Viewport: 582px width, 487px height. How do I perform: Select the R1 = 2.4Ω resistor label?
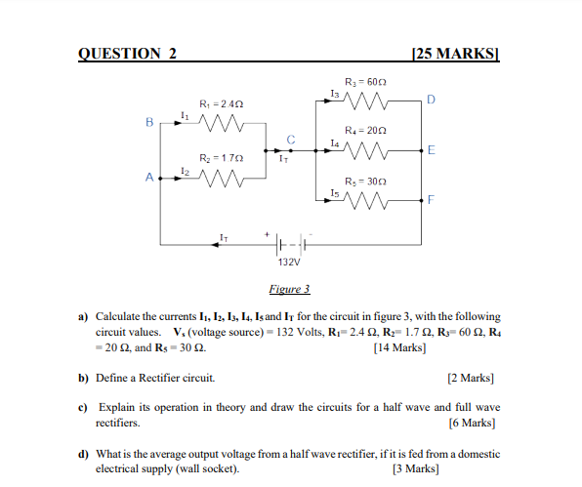point(220,103)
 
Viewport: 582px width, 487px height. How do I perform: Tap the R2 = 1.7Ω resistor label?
point(220,157)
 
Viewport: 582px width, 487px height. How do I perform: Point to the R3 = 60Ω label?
point(367,80)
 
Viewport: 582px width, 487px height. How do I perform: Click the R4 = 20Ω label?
point(367,130)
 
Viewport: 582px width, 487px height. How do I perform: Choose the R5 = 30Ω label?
point(367,181)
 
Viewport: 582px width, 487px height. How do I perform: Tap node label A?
point(149,178)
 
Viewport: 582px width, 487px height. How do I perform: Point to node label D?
point(432,100)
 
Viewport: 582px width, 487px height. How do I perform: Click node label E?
point(432,150)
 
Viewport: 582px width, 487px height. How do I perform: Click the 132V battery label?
point(289,263)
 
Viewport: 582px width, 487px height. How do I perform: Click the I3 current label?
point(335,93)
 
